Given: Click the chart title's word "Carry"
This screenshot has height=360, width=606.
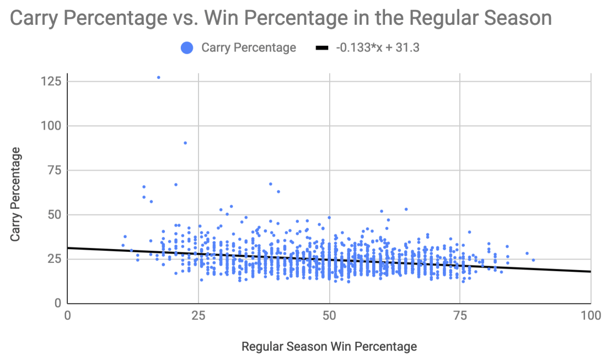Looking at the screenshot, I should [36, 18].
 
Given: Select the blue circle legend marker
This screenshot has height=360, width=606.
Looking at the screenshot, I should [187, 48].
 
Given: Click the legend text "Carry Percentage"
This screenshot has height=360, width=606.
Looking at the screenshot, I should [249, 48].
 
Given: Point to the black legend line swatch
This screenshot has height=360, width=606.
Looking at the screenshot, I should [322, 49].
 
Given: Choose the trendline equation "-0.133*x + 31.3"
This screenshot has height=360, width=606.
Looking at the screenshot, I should [378, 48].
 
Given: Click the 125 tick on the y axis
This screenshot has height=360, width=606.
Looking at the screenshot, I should [50, 82].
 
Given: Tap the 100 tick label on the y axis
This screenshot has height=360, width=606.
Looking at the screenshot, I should [50, 126].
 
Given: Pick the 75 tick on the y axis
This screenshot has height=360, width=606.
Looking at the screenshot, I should [53, 170].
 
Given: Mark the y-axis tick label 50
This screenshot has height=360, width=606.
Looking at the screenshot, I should [53, 215].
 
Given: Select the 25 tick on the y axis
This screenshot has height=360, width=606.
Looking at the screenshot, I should [53, 259].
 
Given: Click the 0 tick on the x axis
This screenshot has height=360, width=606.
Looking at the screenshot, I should [67, 315].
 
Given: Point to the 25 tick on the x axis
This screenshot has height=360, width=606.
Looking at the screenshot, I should [198, 315].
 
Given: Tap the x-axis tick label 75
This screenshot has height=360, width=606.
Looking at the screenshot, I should [460, 315].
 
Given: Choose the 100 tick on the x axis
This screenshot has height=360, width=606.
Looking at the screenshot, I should [591, 315].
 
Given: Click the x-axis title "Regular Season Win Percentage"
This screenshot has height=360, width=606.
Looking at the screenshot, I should [329, 347].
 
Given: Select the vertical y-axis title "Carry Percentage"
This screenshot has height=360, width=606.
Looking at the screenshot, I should [16, 194].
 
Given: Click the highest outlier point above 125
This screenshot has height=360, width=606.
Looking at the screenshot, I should [158, 77].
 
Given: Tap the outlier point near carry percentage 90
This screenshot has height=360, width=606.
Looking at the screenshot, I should [185, 143].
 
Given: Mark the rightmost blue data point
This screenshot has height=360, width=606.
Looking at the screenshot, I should [533, 260].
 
